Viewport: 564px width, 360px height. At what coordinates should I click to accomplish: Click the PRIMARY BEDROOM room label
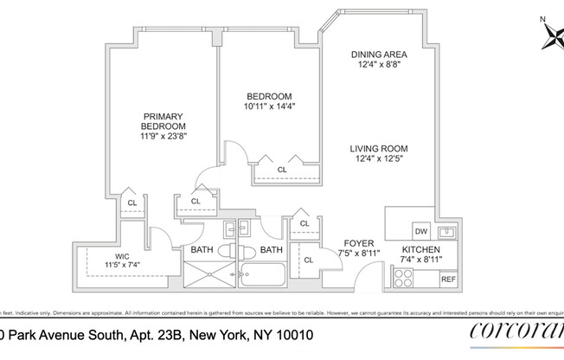point(164,120)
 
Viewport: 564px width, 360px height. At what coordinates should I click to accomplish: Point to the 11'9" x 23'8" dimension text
point(164,137)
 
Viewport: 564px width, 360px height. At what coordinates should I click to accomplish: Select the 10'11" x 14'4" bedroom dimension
point(269,106)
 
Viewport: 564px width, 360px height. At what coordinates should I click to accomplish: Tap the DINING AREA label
point(379,55)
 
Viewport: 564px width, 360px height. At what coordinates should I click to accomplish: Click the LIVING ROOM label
point(379,147)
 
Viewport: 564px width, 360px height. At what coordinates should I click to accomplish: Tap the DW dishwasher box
point(421,231)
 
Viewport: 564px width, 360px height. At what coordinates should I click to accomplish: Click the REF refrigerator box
point(448,280)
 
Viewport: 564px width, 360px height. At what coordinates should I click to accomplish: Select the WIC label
point(116,254)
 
